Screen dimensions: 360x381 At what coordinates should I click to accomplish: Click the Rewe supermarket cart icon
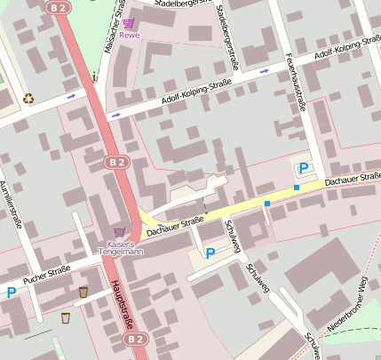pos(130,24)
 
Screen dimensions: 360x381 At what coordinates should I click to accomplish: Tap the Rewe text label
pos(130,36)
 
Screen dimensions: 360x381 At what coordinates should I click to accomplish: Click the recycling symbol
pos(28,99)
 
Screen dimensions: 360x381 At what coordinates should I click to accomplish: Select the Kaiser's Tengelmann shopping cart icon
pos(119,231)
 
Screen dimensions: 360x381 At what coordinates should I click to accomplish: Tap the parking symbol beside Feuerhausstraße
pos(303,168)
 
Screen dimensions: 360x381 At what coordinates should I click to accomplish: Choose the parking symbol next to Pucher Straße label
pos(12,292)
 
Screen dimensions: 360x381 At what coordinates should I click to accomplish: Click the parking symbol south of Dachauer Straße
pos(210,253)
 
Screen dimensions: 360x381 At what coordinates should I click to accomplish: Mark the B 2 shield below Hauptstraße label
pos(133,339)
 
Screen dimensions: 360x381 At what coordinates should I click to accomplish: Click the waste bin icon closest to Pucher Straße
pos(83,292)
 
